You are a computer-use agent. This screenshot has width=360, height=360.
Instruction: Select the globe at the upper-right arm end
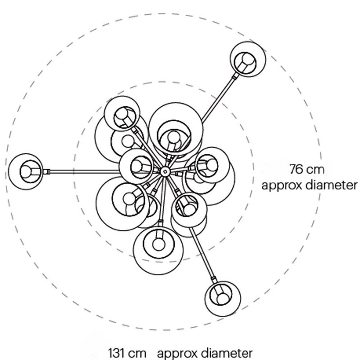(248, 59)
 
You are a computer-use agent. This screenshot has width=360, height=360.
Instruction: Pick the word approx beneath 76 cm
(280, 186)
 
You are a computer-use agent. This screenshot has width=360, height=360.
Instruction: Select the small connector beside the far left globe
(46, 171)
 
